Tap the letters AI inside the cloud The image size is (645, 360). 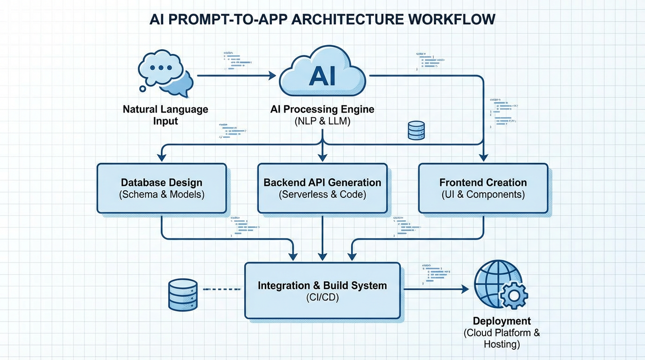[x=322, y=76]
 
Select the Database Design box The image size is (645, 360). [x=161, y=188]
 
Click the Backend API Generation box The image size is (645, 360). [x=322, y=188]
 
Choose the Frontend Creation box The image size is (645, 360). [x=483, y=188]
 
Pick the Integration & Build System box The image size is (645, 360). [x=322, y=291]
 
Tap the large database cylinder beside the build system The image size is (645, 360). [x=183, y=295]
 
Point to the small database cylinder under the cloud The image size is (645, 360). [x=416, y=130]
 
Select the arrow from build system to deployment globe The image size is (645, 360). [x=436, y=289]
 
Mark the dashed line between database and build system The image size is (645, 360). [x=223, y=289]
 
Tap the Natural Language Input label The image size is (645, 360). [x=165, y=115]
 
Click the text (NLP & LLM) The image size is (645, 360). [x=322, y=121]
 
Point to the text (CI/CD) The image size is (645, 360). [x=322, y=298]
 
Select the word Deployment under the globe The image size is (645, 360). [x=502, y=321]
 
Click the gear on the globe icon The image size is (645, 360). [x=514, y=296]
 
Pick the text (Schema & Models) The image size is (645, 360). [x=162, y=195]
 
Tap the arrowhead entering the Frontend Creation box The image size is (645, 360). [x=483, y=158]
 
